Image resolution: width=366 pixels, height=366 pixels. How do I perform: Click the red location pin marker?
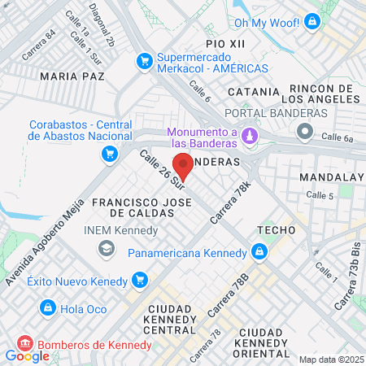pos(182,165)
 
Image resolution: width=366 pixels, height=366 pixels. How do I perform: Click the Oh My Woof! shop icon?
pos(310,23)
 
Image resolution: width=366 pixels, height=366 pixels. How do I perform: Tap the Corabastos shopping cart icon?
pos(107,152)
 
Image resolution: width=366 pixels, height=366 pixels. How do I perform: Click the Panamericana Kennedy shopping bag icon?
pos(259,252)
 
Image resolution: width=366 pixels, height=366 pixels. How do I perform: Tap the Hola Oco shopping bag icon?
pos(48,308)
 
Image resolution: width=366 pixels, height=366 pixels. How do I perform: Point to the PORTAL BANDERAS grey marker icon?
pos(304,131)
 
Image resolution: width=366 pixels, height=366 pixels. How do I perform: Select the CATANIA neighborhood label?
pos(255,92)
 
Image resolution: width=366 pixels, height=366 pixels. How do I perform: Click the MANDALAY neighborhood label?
pos(330,176)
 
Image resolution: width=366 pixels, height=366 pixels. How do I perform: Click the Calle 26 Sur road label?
pos(163,170)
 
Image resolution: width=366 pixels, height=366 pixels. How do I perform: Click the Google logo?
pos(27,355)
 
